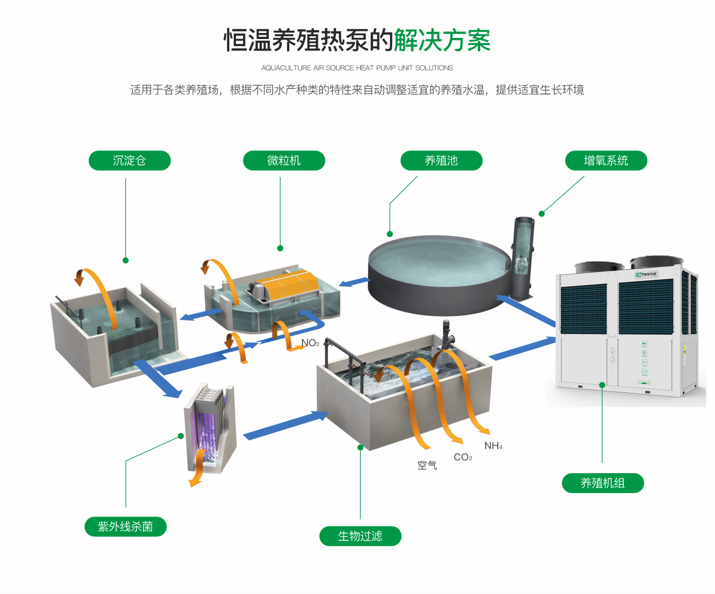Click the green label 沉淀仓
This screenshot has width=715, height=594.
[129, 160]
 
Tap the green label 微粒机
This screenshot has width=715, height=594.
[284, 160]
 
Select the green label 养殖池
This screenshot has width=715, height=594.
[441, 160]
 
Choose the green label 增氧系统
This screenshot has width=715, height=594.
[606, 160]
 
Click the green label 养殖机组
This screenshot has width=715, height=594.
[602, 483]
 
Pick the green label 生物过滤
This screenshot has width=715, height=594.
[360, 536]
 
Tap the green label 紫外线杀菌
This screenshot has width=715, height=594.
[125, 526]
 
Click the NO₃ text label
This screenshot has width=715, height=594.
[310, 343]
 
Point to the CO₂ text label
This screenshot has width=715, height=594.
[463, 457]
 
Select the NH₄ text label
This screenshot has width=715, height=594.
[493, 446]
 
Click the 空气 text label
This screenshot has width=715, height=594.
[427, 465]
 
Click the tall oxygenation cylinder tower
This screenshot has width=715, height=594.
[523, 256]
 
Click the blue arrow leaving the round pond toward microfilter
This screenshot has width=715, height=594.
[355, 282]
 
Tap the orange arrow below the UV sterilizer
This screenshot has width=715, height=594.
[196, 476]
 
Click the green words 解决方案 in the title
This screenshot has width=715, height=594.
[442, 40]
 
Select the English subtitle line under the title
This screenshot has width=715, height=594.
[357, 68]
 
